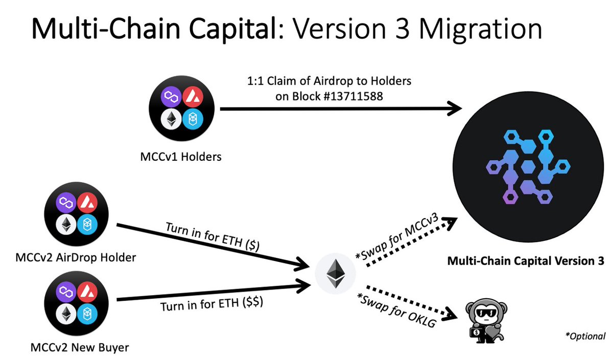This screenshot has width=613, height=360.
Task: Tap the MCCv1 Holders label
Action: [181, 157]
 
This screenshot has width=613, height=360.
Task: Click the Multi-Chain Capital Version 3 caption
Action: [526, 261]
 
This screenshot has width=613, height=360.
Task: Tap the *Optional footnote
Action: [585, 336]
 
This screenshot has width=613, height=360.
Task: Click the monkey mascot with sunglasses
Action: [485, 320]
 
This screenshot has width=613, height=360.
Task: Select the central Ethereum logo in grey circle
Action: [335, 274]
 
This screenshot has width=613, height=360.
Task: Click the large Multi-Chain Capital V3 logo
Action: [526, 166]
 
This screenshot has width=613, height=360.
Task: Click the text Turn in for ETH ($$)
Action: [211, 305]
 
